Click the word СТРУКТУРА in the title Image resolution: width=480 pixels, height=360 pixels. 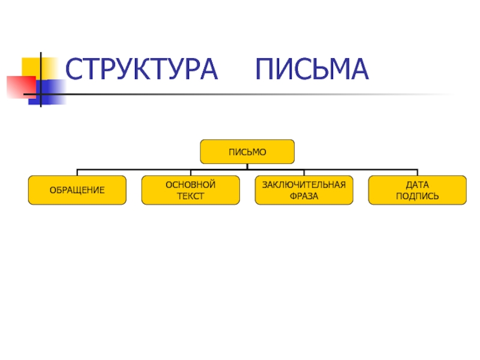click(142, 70)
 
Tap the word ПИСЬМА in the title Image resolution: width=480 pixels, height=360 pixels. click(311, 70)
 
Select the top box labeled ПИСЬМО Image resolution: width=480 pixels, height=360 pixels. click(247, 152)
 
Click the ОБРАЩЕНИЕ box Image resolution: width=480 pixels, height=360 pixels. click(77, 190)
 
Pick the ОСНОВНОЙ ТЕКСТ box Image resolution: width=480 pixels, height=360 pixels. click(190, 190)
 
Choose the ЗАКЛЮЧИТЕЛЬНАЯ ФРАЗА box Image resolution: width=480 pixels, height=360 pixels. click(304, 190)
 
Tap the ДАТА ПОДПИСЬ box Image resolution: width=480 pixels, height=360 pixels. click(417, 190)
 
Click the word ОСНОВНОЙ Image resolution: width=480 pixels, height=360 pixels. click(190, 185)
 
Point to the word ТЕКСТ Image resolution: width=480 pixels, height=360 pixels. click(190, 196)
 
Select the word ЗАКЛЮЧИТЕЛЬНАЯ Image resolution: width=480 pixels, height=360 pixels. click(304, 185)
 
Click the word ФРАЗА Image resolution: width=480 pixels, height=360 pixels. click(304, 196)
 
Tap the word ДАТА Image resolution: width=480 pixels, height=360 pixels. click(417, 185)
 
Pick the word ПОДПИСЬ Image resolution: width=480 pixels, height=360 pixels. click(417, 196)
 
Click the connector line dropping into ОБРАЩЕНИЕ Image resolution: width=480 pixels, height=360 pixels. click(77, 172)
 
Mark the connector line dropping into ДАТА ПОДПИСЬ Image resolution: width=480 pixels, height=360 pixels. click(417, 172)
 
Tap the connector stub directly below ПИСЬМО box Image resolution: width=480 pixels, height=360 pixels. click(247, 166)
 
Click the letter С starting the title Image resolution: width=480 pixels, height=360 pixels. click(74, 70)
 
